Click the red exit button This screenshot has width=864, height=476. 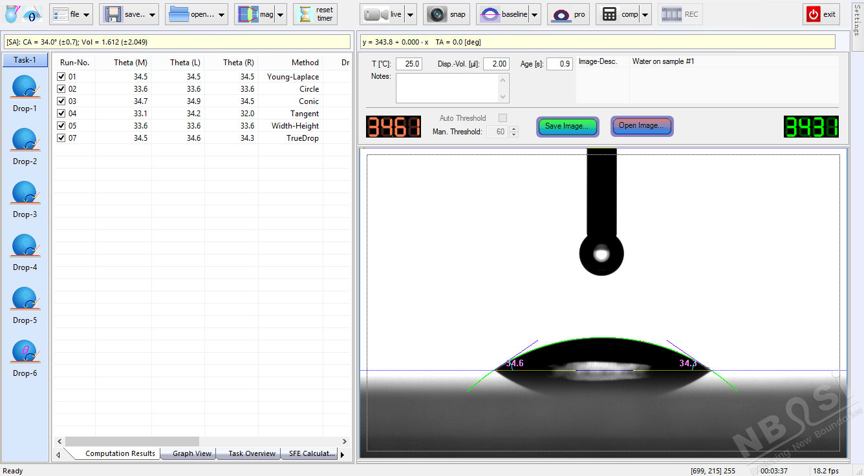821,14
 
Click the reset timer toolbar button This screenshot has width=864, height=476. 316,14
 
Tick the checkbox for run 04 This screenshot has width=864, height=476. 61,114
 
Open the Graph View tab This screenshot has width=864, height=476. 191,453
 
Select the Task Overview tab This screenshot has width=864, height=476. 252,453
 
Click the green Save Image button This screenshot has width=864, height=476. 567,126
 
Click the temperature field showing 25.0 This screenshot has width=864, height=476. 409,64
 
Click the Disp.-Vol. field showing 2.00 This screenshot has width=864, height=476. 496,64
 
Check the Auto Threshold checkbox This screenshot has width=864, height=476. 502,118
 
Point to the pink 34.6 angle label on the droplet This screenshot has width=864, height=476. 515,364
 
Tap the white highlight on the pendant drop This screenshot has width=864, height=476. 602,254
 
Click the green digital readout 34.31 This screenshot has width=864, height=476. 811,127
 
